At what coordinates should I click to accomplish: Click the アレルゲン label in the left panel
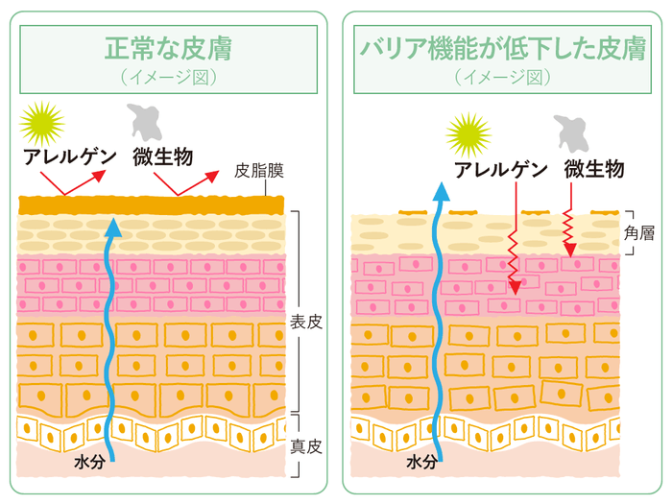pos(72,156)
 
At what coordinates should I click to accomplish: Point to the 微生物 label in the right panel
pos(595,170)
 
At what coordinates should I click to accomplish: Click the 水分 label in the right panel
pos(420,462)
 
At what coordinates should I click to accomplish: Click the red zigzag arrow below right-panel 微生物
pos(568,230)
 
